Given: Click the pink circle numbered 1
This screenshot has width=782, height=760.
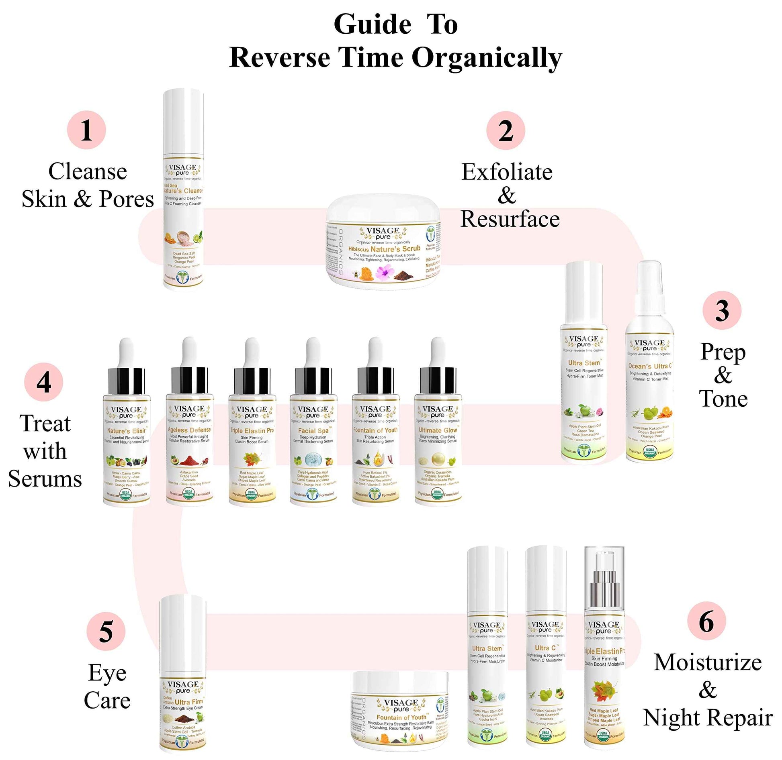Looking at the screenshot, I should point(86,130).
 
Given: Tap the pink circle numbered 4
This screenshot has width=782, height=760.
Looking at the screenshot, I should point(43,382).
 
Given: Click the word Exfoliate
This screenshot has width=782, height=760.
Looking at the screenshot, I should point(507,172).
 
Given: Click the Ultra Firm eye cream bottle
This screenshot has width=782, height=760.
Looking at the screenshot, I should point(183,678).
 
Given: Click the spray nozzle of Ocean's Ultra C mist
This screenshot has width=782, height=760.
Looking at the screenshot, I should point(649,281).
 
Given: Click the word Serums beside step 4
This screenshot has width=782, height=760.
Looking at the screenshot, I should point(45,479).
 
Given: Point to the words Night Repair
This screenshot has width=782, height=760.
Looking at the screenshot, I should point(707,718).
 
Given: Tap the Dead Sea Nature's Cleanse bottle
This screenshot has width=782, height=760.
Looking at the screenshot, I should point(183,193).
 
